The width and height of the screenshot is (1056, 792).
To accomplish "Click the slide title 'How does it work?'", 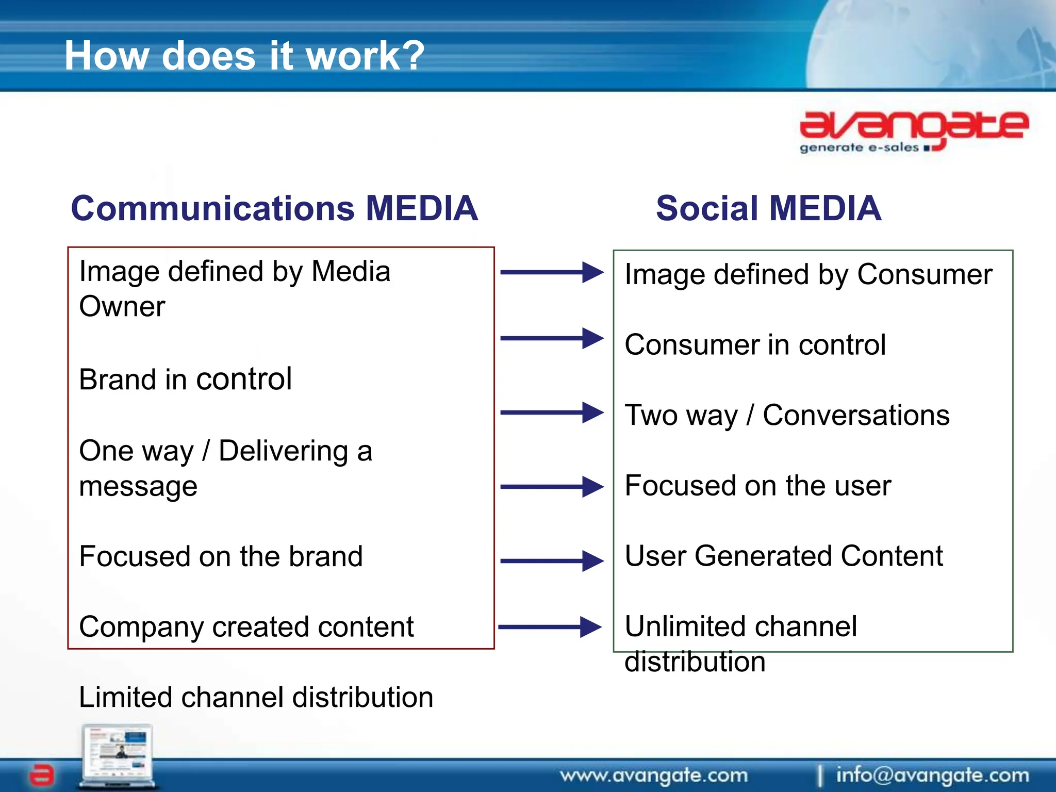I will (244, 56).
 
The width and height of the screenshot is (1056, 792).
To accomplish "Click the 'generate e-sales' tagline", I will (859, 148).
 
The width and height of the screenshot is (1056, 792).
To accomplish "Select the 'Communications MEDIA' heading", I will (274, 208).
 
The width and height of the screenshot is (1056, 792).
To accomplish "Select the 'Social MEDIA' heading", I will (768, 208).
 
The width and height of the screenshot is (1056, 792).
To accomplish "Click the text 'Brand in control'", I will (186, 379).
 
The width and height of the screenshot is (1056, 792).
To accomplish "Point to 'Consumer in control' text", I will (755, 344).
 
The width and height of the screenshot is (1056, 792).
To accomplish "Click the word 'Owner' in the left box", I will (122, 307).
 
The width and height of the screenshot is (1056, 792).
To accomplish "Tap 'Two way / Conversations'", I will (787, 415).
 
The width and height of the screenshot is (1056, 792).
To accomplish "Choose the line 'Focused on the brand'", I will (221, 556).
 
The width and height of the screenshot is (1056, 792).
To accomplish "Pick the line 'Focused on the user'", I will (757, 486).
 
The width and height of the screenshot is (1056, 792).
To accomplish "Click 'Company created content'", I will (246, 627).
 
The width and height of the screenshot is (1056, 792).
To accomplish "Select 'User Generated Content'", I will (783, 556).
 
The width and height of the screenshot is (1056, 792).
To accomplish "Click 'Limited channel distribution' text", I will (256, 697).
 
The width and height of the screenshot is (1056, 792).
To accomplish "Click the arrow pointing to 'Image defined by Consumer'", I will (552, 272).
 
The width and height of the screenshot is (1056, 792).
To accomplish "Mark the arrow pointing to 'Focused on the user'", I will (552, 486).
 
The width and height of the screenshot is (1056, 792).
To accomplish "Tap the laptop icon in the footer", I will (118, 756).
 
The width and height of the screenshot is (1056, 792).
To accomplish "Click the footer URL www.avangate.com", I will (654, 775).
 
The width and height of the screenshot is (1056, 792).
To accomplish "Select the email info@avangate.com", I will (932, 775).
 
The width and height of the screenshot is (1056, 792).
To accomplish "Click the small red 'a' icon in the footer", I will (41, 774).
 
